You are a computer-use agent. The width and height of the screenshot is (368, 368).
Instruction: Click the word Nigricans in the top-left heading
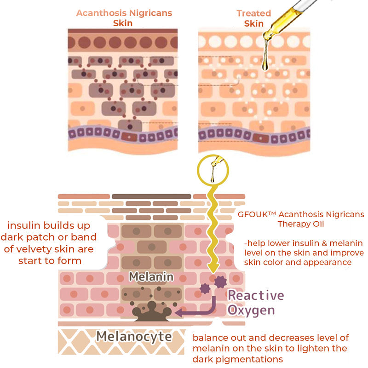[x=150, y=13]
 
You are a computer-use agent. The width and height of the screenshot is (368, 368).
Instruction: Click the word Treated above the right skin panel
[x=254, y=13]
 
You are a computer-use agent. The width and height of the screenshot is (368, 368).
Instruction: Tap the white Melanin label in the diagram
[x=151, y=277]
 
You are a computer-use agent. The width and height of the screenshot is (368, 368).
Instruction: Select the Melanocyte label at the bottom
[x=134, y=337]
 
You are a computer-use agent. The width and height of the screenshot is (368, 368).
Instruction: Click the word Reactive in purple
[x=256, y=295]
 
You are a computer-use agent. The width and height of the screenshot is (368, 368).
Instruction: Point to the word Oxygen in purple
[x=251, y=310]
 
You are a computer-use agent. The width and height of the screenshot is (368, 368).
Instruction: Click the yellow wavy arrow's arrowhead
[x=213, y=268]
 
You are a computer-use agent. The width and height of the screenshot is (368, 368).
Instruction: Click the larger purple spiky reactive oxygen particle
[x=220, y=282]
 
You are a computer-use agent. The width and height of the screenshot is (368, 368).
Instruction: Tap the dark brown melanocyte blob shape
[x=152, y=312]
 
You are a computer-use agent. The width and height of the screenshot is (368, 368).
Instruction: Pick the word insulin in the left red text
[x=22, y=225]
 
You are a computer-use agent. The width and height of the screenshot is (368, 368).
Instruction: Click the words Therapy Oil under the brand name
[x=301, y=224]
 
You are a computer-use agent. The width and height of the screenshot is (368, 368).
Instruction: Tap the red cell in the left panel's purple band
[x=129, y=137]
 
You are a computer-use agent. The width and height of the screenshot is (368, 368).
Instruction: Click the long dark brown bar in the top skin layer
[x=151, y=196]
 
